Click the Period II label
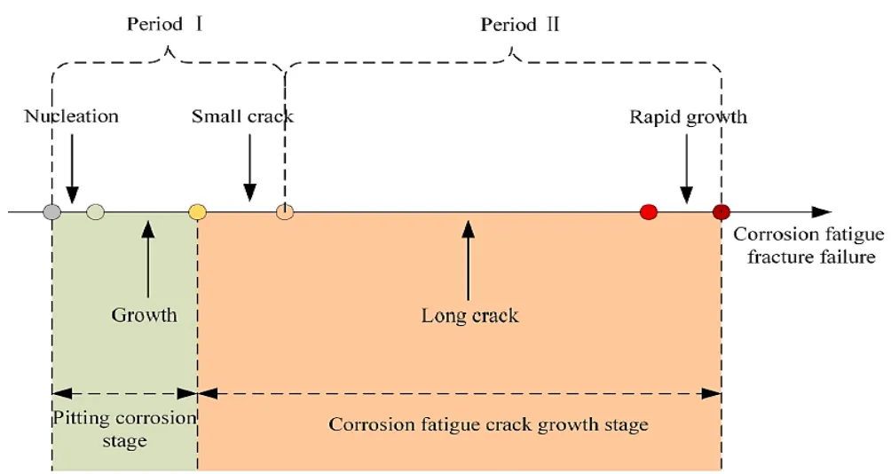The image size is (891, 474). point(520,25)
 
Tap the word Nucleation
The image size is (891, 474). point(71,116)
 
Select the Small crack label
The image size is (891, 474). point(242,116)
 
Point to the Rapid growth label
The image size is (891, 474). point(688,116)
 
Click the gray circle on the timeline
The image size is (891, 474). point(52,212)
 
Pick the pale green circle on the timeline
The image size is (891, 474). point(96,212)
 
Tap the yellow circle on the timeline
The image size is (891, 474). point(198,212)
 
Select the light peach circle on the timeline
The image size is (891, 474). point(284,212)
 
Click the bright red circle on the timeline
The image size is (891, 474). point(649,212)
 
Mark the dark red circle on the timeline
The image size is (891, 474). point(721,212)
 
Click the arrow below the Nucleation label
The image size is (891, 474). point(72,170)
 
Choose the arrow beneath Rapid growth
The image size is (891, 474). point(685,170)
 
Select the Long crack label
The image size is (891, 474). point(469,315)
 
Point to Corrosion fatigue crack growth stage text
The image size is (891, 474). point(488,424)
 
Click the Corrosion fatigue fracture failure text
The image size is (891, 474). point(808,246)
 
